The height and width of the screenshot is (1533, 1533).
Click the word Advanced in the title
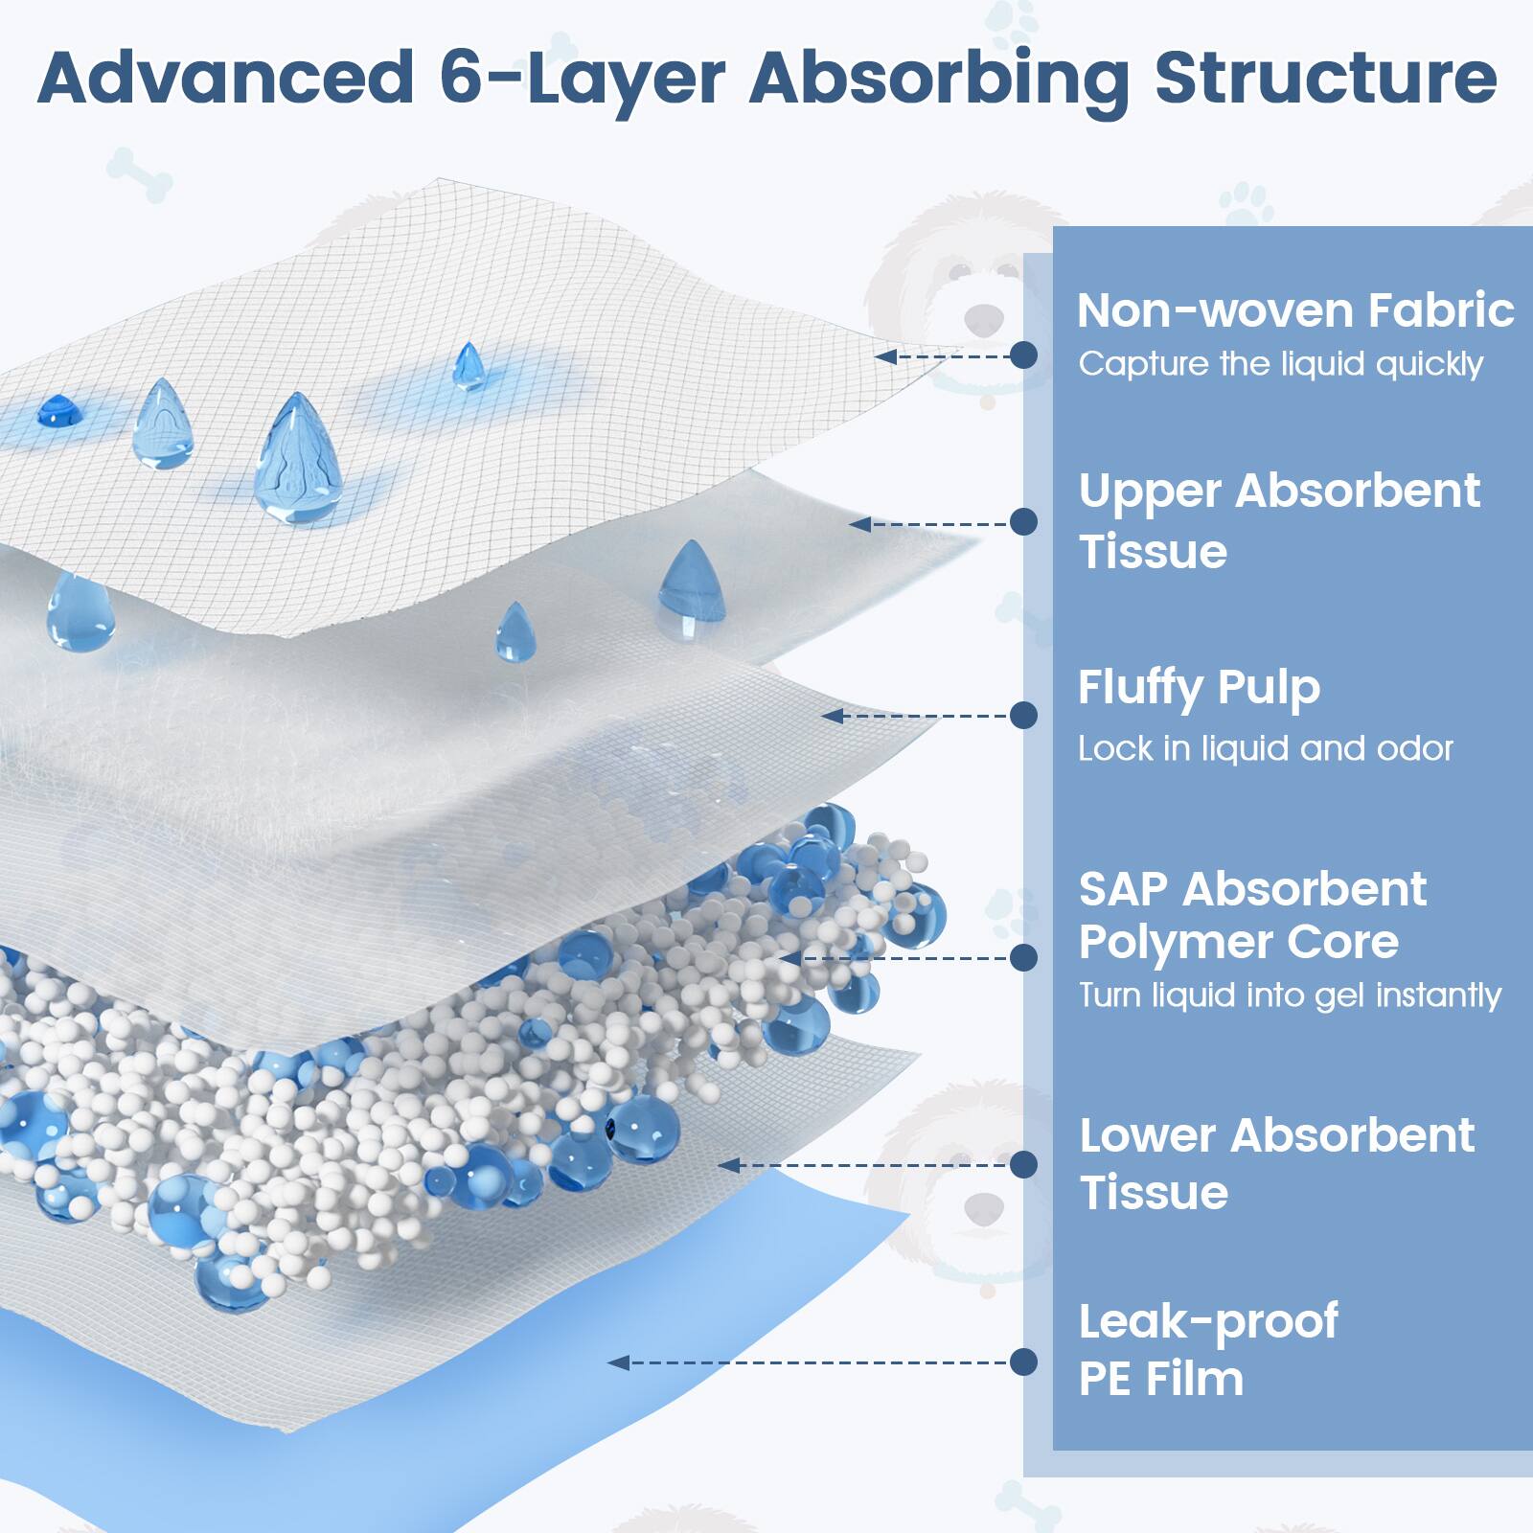225,79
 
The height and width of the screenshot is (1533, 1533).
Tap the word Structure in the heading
1325,79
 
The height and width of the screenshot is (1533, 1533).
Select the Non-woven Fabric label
1294,310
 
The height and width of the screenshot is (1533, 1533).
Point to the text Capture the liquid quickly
1280,364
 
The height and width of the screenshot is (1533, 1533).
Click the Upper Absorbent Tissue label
1279,520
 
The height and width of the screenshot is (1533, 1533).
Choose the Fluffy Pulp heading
1199,688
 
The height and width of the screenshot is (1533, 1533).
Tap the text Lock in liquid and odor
1265,748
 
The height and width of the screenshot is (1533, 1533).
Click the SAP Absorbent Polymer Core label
1252,915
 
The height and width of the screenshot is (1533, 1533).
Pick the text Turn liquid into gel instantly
1290,995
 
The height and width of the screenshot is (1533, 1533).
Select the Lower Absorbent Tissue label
1276,1163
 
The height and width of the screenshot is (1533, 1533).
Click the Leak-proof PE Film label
1207,1349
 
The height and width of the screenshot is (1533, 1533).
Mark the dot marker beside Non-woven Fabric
1023,355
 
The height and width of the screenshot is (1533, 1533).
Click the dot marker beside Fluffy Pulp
1023,715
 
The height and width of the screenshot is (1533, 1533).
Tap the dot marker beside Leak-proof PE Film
1023,1361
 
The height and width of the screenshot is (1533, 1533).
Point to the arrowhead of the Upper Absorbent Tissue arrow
858,524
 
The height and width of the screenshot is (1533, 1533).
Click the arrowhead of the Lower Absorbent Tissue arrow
728,1165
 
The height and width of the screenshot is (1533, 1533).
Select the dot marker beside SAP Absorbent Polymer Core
1023,957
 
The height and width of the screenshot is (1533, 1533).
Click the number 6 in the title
464,79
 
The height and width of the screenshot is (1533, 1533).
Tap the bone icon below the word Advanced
140,174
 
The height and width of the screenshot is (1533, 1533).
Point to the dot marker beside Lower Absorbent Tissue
1023,1164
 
